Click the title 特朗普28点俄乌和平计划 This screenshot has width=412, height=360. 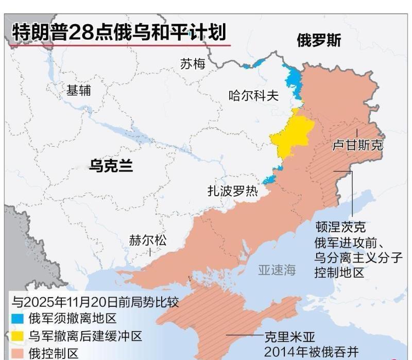[119, 32]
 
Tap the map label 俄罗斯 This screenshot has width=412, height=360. [319, 41]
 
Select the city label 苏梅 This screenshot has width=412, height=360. [193, 64]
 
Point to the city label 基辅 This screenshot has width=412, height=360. [79, 90]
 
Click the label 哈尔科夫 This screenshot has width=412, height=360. [253, 95]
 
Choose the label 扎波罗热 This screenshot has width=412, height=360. [232, 191]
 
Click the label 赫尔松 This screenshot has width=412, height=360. [148, 241]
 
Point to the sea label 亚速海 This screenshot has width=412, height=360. [277, 269]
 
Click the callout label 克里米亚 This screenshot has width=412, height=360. [289, 337]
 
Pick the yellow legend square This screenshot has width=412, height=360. [17, 336]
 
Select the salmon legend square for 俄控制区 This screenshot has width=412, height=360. [17, 353]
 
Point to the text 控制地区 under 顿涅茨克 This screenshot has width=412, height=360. [339, 272]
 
